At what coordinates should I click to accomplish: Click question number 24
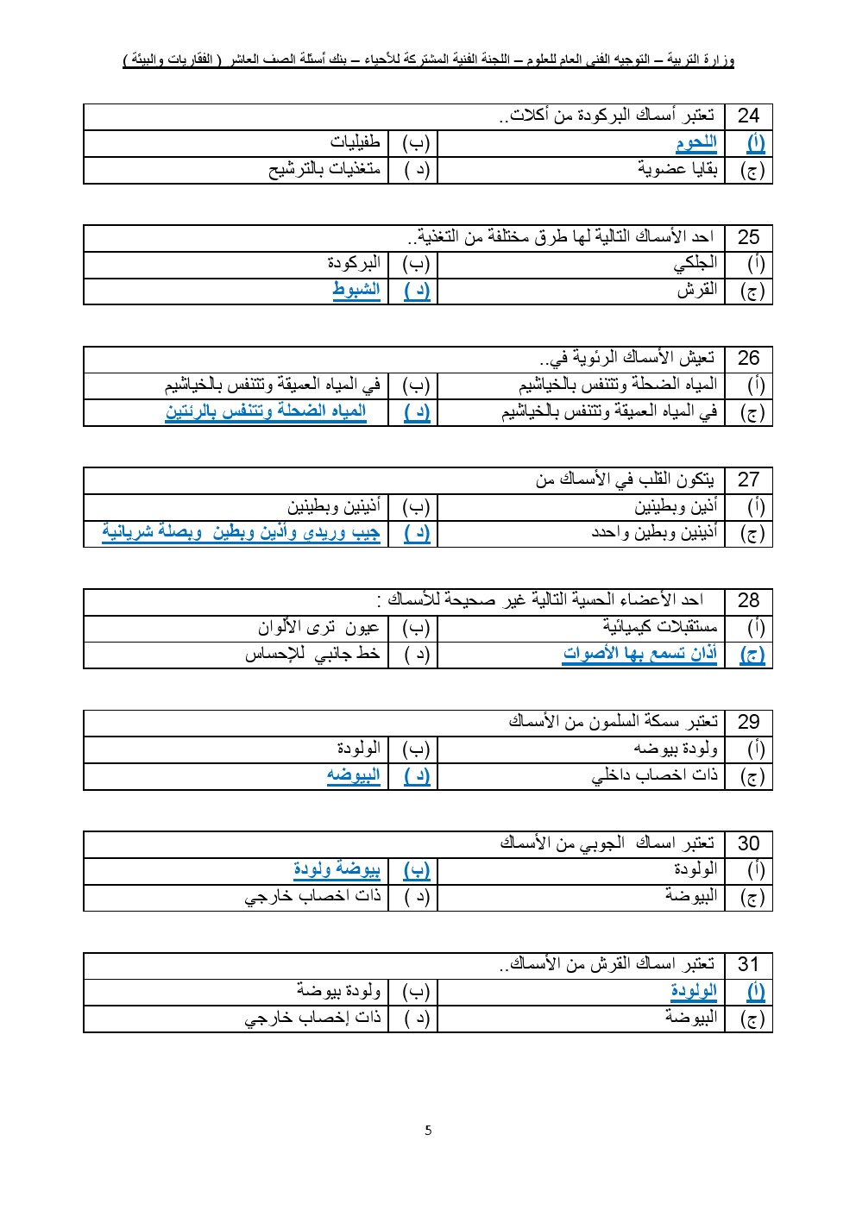(x=748, y=116)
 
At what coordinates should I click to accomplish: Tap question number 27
(x=748, y=480)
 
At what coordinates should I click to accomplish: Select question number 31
(x=748, y=965)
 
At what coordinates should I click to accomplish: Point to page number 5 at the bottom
(x=428, y=1131)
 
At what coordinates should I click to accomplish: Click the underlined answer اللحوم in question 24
(x=695, y=143)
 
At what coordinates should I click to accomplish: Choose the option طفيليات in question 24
(x=355, y=143)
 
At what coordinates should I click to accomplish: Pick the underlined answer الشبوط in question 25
(x=356, y=290)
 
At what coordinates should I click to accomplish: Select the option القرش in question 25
(x=696, y=291)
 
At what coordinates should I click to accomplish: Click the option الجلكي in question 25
(x=695, y=264)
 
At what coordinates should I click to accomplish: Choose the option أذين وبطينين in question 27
(x=676, y=507)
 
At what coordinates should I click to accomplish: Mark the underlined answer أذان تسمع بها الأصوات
(x=639, y=655)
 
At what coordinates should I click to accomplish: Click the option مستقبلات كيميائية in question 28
(x=659, y=628)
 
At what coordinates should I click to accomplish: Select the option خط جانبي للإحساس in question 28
(x=312, y=655)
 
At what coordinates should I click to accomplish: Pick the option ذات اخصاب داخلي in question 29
(x=654, y=775)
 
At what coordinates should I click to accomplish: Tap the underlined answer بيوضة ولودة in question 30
(x=337, y=870)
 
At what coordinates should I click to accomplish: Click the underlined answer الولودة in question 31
(x=693, y=992)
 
